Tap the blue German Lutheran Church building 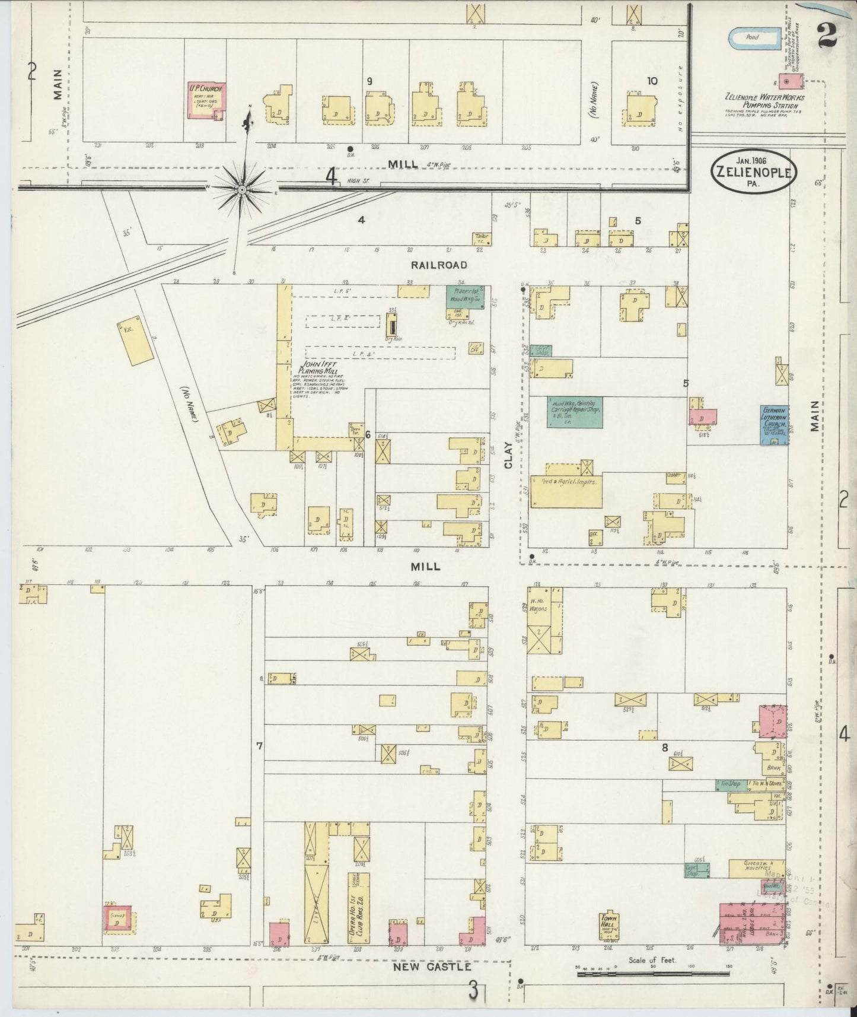(x=774, y=425)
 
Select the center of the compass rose (x=242, y=189)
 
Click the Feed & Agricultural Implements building (x=566, y=490)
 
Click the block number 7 (x=259, y=746)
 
